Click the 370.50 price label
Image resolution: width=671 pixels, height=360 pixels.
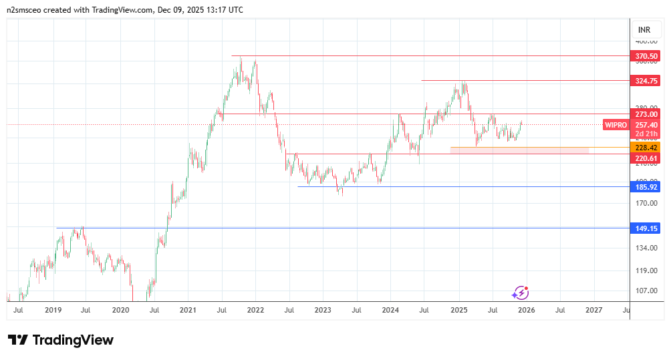point(647,56)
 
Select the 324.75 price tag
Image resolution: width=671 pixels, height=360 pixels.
point(647,80)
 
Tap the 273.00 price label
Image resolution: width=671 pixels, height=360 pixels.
point(647,114)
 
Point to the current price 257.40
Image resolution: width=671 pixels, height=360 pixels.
point(647,125)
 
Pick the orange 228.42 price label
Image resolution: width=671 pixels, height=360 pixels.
point(647,147)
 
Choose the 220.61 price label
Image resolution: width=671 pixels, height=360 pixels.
point(647,158)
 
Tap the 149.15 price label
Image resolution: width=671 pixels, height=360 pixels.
point(647,228)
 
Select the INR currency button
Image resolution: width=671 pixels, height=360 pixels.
point(644,30)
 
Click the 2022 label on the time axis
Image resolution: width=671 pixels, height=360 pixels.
point(255,310)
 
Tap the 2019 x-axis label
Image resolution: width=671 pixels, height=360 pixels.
point(53,310)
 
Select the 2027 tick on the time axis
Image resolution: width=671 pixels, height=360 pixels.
point(593,310)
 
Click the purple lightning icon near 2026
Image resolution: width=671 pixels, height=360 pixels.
point(521,293)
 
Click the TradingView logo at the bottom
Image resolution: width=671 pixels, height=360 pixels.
point(61,340)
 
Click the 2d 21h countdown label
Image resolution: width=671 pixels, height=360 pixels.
point(647,134)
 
